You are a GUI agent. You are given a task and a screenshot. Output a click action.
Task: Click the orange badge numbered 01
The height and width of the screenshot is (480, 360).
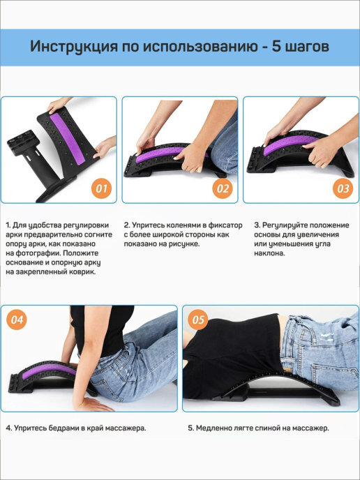coord(102,188)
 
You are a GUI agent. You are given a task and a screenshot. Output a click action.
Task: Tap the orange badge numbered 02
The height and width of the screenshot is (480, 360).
coord(223,188)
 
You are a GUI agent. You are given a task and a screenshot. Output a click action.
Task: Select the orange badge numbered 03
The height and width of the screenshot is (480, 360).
coord(343,188)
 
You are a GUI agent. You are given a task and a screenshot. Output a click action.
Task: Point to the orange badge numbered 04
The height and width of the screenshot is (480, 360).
coord(17,320)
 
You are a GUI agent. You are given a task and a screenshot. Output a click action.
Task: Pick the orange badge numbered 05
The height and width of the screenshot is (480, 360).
coord(197,320)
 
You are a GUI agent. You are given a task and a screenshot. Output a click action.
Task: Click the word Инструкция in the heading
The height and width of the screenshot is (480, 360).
coord(74,47)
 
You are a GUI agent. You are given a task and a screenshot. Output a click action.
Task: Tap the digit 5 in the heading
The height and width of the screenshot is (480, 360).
coord(276,47)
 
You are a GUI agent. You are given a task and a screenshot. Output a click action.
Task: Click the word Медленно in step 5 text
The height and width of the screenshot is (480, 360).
coord(211,428)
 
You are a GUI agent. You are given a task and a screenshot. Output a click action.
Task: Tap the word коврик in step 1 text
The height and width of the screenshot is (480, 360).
coord(83,272)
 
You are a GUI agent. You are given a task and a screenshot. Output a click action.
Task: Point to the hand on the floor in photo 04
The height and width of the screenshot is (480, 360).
coord(92,404)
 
